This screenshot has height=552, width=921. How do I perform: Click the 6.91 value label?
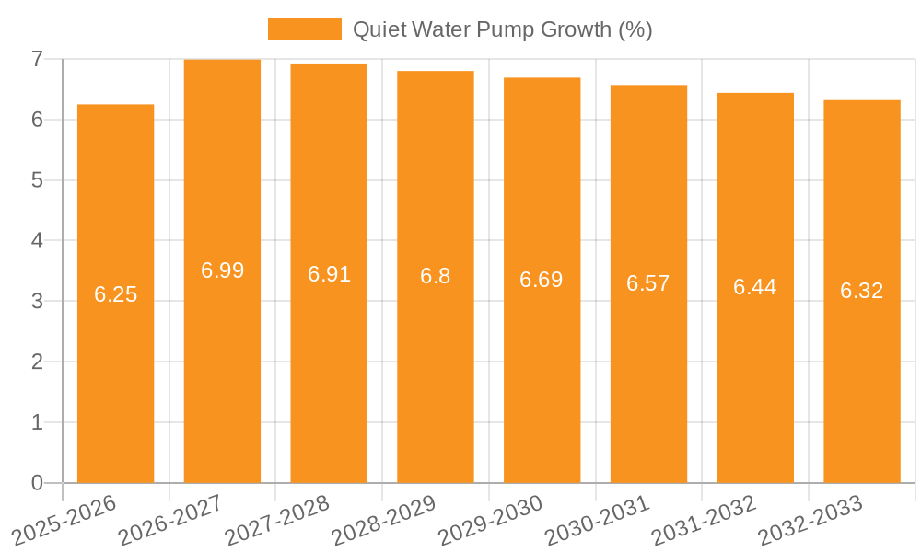[329, 274]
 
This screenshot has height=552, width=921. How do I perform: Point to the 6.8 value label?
[435, 276]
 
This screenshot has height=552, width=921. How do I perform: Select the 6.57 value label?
[648, 283]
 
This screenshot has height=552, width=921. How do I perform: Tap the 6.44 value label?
[755, 287]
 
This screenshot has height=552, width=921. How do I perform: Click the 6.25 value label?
[115, 294]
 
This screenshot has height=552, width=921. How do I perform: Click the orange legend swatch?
[304, 29]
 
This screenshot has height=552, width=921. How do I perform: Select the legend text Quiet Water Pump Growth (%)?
[503, 29]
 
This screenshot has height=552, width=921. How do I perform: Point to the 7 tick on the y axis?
[37, 59]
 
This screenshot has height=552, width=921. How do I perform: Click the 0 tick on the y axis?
[37, 483]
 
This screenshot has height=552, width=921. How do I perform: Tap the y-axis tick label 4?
[37, 241]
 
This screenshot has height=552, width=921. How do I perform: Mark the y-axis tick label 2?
[37, 362]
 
